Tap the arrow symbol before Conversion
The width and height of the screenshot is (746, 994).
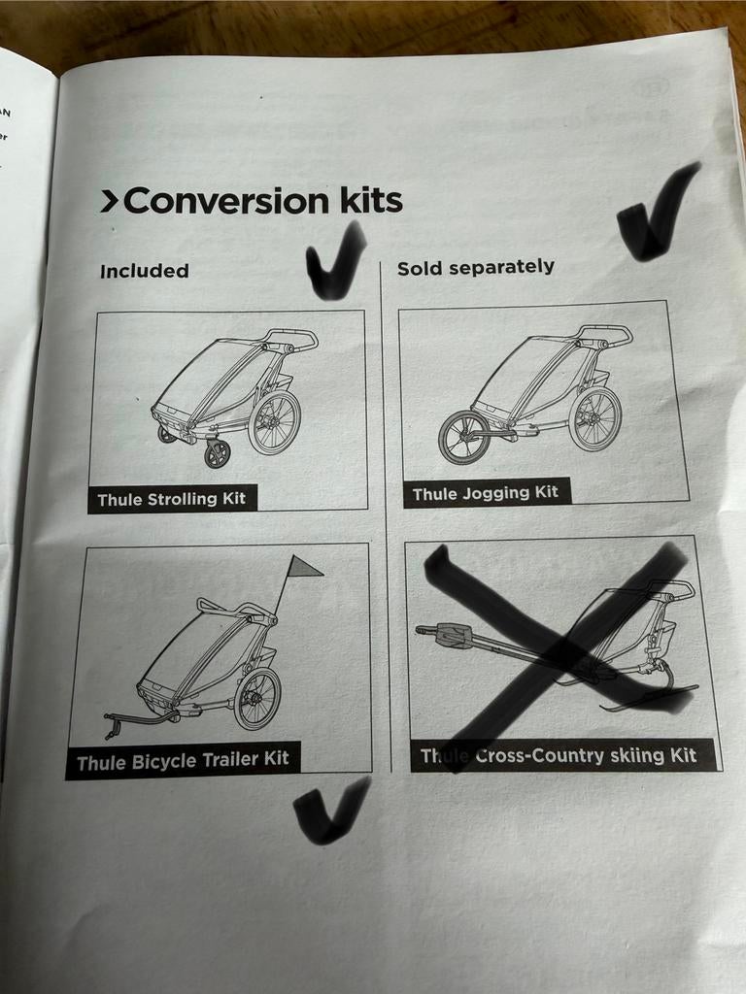coord(109,201)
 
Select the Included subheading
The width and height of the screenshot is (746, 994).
coord(144,271)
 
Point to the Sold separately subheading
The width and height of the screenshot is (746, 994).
coord(476,267)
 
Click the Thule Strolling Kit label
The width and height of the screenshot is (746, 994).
coord(172,500)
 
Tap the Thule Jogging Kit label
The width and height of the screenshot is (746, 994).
coord(486,493)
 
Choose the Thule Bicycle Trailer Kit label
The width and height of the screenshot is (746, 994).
coord(183,761)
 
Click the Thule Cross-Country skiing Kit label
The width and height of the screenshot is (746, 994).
coord(559,755)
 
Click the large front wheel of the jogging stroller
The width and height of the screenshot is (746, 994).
coord(463,437)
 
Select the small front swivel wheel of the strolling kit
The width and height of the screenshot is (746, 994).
coord(217,453)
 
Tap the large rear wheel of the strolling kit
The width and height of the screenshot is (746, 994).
coord(274,422)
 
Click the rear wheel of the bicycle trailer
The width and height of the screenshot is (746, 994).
coord(256,698)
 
